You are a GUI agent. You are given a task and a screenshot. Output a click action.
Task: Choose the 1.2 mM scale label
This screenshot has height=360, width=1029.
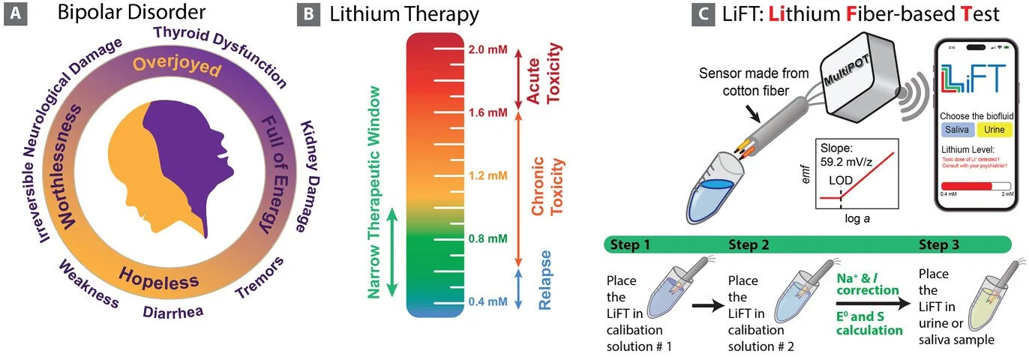click(x=489, y=176)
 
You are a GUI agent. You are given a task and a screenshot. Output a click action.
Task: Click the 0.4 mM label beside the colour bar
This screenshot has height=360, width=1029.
click(x=489, y=302)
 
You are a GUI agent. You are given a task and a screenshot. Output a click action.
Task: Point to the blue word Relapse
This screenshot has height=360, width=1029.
click(x=545, y=280)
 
